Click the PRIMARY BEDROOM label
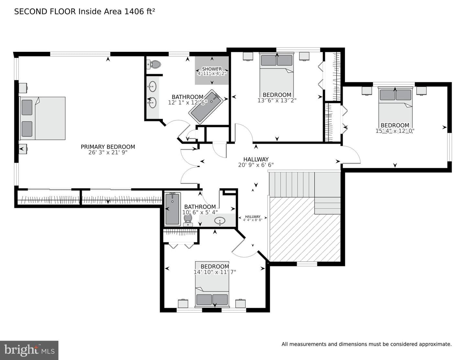(108, 147)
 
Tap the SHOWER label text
(212, 69)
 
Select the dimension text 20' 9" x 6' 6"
(256, 165)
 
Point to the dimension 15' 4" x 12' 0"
(395, 131)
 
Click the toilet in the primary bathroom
(154, 64)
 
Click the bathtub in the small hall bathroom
(172, 209)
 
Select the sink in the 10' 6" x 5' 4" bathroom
(220, 220)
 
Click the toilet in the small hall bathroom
(188, 220)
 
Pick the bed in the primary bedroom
(42, 118)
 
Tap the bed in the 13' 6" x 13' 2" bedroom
(277, 75)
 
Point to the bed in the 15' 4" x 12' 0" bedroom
(395, 109)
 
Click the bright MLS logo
(29, 350)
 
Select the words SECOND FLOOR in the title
(45, 12)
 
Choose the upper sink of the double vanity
(152, 86)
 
